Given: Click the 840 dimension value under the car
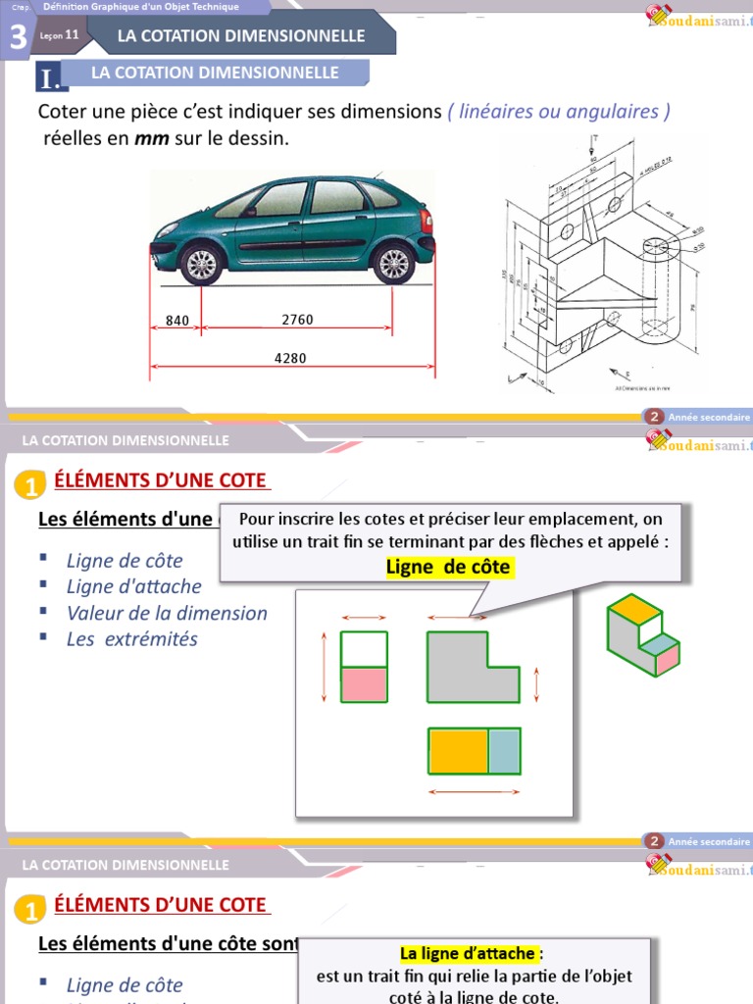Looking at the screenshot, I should [177, 320].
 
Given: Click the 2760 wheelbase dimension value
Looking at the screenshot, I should [297, 320].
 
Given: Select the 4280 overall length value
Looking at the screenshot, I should [290, 358].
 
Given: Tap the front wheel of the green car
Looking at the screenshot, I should [392, 263].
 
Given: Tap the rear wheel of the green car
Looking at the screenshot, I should [200, 263].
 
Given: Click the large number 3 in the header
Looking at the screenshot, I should [18, 37].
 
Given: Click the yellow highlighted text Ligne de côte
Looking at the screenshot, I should [448, 568].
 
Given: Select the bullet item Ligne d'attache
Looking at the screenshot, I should [133, 586].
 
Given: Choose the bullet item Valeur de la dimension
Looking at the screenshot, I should [167, 613].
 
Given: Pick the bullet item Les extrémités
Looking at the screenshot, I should [131, 638].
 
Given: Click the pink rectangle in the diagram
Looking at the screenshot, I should [364, 684].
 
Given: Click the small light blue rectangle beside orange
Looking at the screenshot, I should [504, 751].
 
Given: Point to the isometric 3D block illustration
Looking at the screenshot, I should [642, 635].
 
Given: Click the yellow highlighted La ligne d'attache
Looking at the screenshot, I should [469, 953].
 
